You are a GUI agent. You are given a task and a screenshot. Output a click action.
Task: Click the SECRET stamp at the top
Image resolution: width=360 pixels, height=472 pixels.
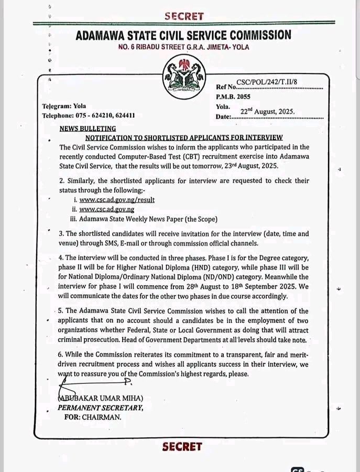point(183,16)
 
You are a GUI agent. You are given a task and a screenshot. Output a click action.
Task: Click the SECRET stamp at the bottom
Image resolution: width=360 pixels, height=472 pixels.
point(182,447)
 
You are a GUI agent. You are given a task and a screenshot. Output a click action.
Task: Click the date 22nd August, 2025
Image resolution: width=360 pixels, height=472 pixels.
point(267,112)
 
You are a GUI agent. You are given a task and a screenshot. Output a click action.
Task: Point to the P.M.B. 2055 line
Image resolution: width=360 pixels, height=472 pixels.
point(233,96)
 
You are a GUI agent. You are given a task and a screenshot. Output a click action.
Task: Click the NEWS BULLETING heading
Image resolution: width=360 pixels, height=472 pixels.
point(88,128)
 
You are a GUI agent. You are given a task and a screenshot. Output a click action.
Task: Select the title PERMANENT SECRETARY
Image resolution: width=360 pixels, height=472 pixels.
point(100,407)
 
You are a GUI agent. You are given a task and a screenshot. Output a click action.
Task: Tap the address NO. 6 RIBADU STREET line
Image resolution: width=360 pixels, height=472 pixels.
point(183,47)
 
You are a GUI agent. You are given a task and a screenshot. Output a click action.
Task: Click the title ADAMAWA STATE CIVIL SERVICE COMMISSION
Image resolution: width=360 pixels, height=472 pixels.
point(183,35)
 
